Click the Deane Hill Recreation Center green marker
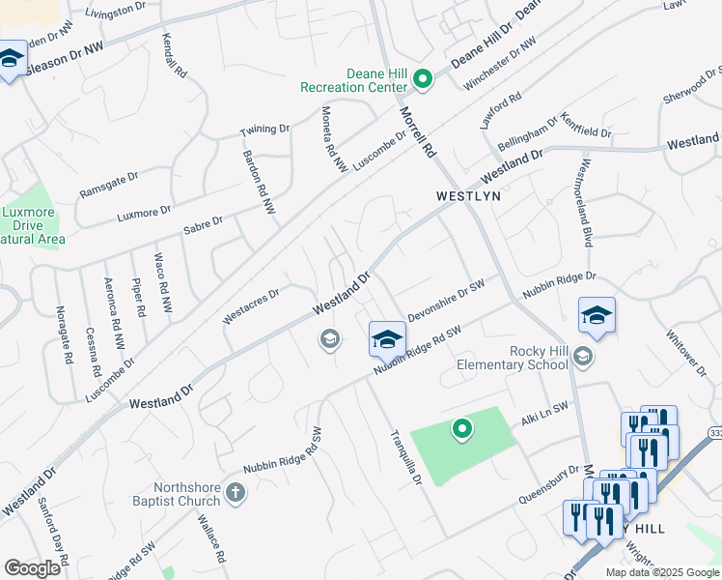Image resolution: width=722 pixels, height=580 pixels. (422, 78)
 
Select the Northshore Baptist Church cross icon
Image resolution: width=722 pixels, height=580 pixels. (235, 495)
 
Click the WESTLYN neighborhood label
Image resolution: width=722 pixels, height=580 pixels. (468, 195)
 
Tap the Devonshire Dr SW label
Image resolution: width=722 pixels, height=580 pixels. (445, 301)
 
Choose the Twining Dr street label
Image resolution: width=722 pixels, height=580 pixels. (264, 130)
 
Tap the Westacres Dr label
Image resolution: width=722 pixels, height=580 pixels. (251, 305)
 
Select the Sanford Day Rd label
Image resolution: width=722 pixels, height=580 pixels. (53, 532)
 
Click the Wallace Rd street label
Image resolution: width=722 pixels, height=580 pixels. (211, 538)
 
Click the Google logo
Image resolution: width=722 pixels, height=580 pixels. (32, 568)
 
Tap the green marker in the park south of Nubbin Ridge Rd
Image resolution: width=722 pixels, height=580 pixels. (462, 428)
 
